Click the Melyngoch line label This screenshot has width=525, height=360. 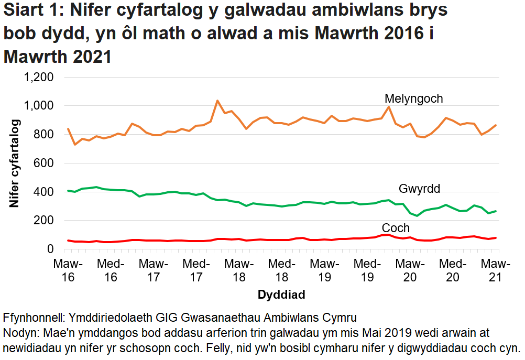[x=413, y=99]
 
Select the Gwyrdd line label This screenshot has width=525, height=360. [x=419, y=189]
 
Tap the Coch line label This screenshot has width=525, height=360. [x=396, y=228]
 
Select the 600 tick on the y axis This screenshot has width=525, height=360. [x=44, y=163]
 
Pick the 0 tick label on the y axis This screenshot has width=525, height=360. [x=51, y=249]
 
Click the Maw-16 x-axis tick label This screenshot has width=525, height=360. [x=68, y=270]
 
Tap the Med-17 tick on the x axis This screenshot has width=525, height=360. [x=196, y=270]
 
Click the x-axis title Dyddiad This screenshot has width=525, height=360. [x=281, y=295]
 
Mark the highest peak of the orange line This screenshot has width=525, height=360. [x=217, y=101]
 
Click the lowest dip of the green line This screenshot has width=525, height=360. [x=417, y=216]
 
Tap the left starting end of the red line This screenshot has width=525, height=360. [x=68, y=241]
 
